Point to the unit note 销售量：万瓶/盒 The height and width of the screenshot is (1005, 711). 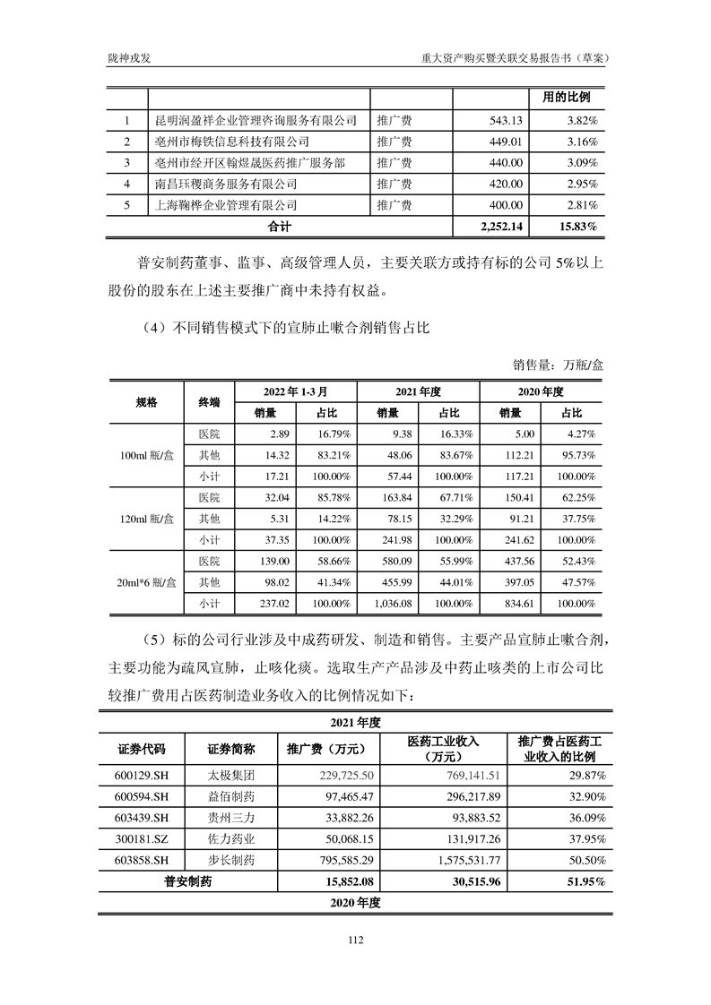559,365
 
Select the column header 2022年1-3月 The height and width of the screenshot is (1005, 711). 295,392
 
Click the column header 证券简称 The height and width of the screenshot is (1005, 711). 231,750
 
